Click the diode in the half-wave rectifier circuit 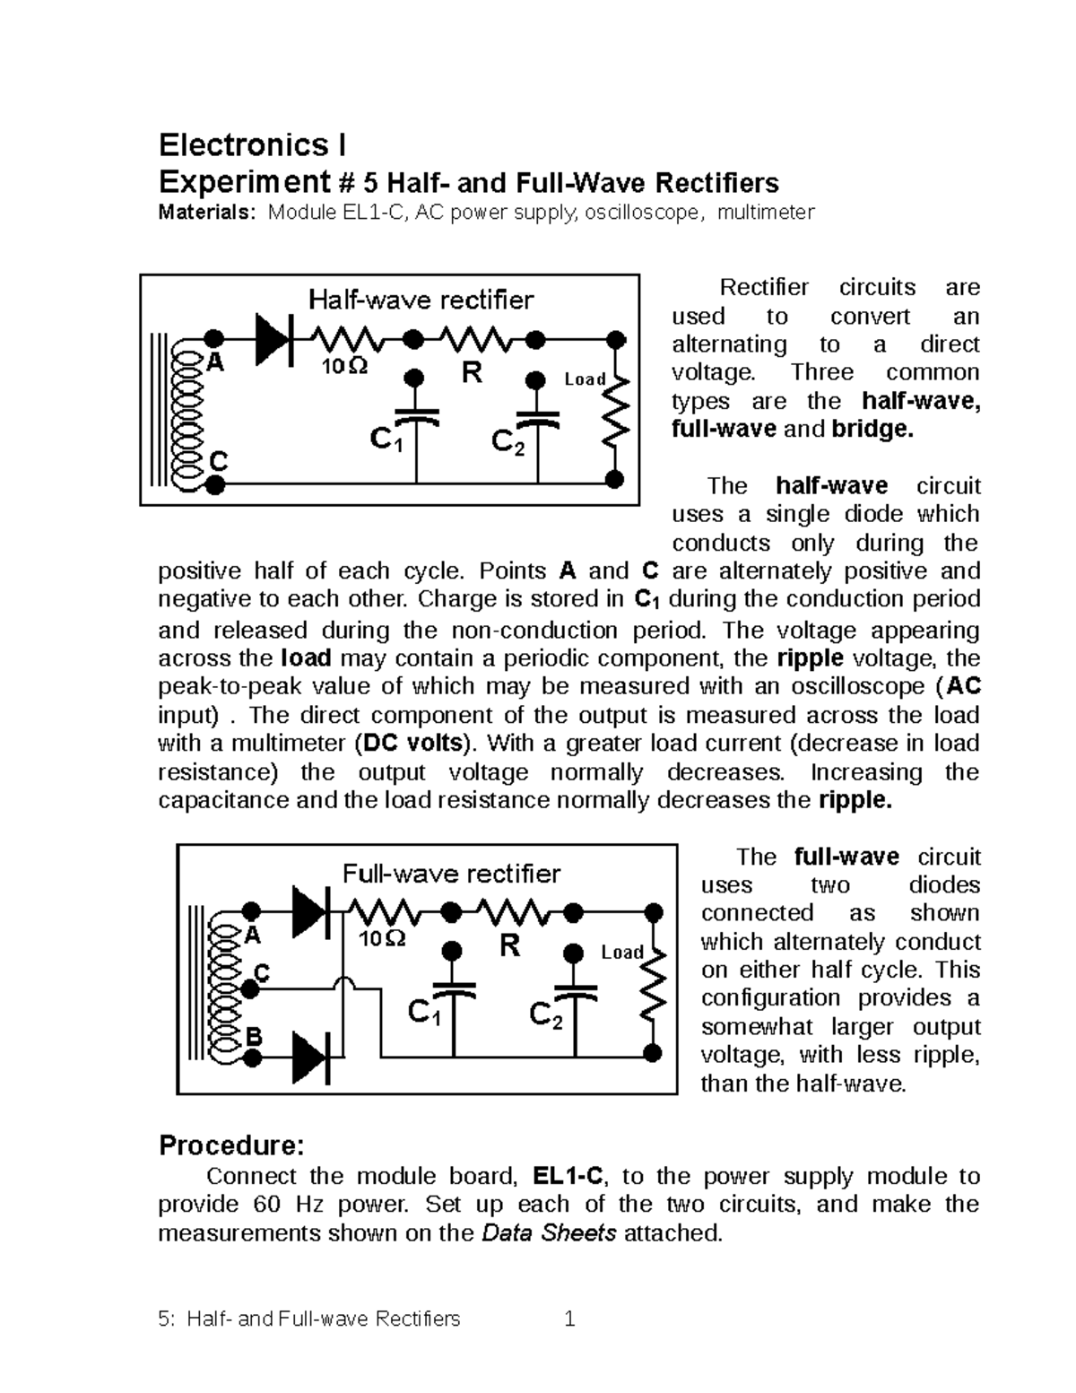pos(273,339)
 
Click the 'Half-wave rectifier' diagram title pos(421,300)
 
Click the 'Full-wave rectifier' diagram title pos(452,874)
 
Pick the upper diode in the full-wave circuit pos(310,912)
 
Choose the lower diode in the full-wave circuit pos(310,1057)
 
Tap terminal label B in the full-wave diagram pos(254,1036)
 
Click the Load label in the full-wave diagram pos(622,952)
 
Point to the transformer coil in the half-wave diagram pos(191,411)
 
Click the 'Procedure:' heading pos(231,1145)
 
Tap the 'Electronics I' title pos(252,144)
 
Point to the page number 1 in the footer pos(568,1319)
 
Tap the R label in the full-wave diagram pos(509,945)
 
